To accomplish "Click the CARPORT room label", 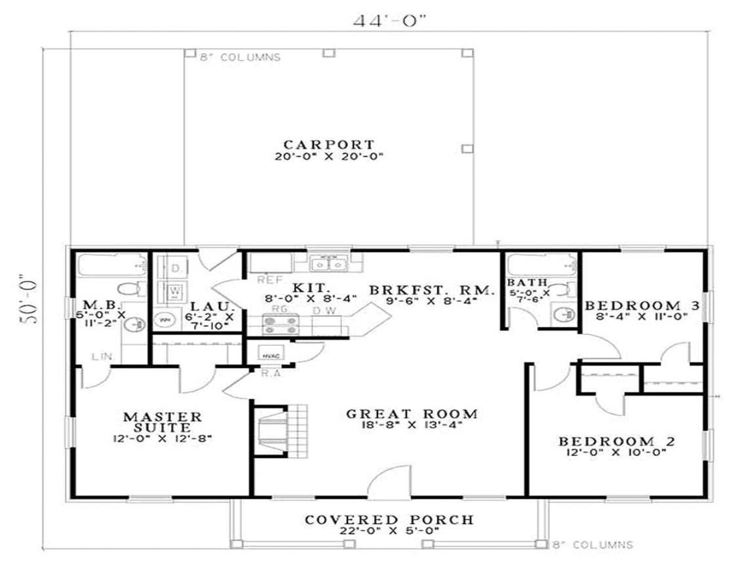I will click(x=329, y=144).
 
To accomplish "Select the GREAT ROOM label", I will click(x=412, y=413).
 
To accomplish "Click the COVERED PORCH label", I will click(x=389, y=519).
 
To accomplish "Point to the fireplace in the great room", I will click(x=270, y=430).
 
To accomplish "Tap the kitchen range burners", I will click(x=281, y=322).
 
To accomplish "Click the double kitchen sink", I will click(x=328, y=264).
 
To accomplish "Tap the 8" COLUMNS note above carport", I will click(x=241, y=58).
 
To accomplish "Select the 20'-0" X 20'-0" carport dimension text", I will click(x=329, y=157).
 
